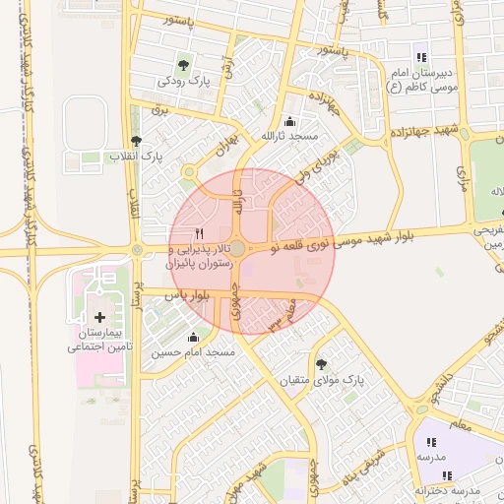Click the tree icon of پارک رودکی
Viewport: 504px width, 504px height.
pos(184,63)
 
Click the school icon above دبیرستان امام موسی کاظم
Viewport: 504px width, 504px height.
pos(421,57)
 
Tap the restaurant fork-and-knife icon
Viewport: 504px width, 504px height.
pos(200,233)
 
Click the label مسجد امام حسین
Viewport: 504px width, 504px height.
pos(192,351)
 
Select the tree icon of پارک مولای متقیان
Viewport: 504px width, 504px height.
pos(321,364)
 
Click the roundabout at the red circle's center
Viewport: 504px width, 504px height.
pos(237,249)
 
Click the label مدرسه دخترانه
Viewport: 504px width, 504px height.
pos(447,489)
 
